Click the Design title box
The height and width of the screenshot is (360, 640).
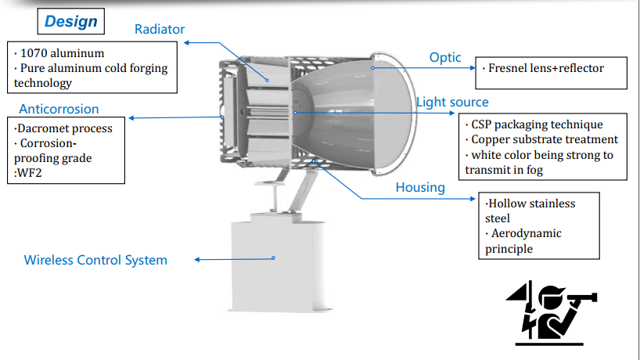pyautogui.click(x=71, y=21)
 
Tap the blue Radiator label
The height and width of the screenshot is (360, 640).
pyautogui.click(x=160, y=30)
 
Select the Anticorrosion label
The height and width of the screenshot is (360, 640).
pyautogui.click(x=59, y=109)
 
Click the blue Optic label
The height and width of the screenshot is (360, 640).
pyautogui.click(x=445, y=58)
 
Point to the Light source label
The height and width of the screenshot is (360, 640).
pyautogui.click(x=452, y=102)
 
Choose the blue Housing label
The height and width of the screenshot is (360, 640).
pyautogui.click(x=420, y=187)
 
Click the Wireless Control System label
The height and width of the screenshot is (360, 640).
pyautogui.click(x=95, y=260)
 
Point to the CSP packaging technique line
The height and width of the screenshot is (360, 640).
pyautogui.click(x=537, y=124)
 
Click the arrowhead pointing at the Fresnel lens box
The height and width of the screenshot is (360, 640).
pyautogui.click(x=473, y=68)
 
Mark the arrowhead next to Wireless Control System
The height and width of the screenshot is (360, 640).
pyautogui.click(x=196, y=260)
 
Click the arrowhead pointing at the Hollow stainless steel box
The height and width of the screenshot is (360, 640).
pyautogui.click(x=473, y=199)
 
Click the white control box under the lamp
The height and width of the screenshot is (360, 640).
pyautogui.click(x=279, y=266)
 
